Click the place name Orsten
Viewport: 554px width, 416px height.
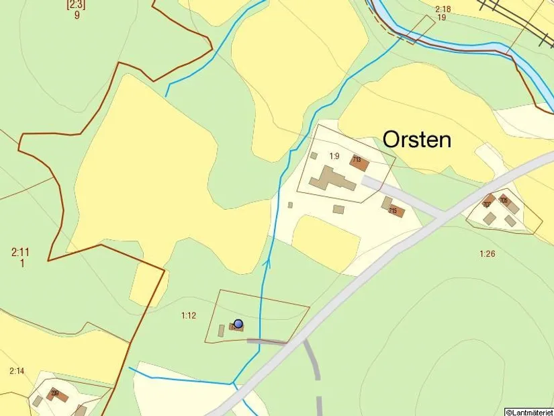tap(417, 139)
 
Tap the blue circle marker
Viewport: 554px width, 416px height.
tap(238, 323)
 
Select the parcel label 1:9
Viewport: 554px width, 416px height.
tap(334, 156)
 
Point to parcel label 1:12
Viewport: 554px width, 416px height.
tap(189, 315)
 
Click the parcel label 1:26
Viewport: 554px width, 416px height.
tap(487, 253)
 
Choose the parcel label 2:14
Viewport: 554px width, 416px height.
tap(17, 371)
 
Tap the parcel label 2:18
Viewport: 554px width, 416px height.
tap(443, 9)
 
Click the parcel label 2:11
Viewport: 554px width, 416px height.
tap(20, 253)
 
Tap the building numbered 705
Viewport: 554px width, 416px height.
tap(504, 201)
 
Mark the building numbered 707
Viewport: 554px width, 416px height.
tap(488, 203)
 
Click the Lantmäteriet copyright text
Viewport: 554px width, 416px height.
tap(529, 411)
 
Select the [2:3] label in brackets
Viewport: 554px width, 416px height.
tap(76, 4)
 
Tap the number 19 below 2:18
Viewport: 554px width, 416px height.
tap(441, 17)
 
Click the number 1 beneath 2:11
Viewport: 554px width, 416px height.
tap(22, 263)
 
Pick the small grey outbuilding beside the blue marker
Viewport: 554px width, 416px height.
tap(222, 331)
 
